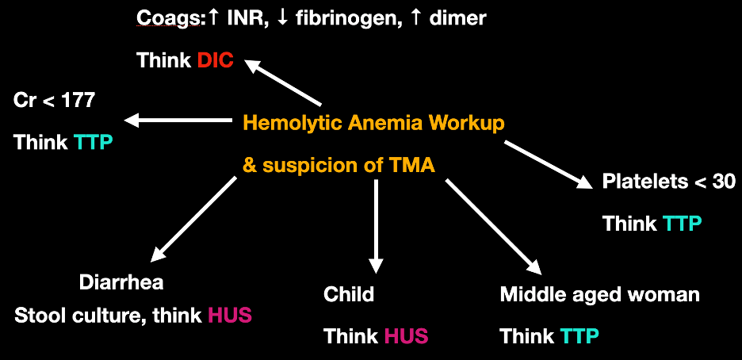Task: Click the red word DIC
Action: point(216,61)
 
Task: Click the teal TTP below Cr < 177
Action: point(94,143)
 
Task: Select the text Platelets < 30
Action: point(668,182)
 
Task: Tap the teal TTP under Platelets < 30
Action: point(683,224)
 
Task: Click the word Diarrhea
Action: point(121,282)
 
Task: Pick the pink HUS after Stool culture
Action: point(229,316)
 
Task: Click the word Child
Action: point(349,295)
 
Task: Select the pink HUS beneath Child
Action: point(406,336)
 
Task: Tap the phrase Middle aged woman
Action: point(599,295)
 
